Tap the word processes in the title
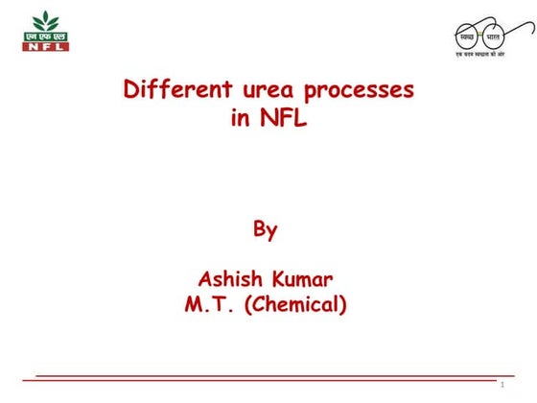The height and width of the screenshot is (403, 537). click(360, 92)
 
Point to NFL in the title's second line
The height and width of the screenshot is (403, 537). click(283, 121)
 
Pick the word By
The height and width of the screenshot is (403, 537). click(266, 229)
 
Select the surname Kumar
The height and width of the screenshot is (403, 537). click(304, 279)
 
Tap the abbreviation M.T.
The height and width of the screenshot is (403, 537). click(210, 305)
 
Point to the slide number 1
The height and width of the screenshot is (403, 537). click(502, 385)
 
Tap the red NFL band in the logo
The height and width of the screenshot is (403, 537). click(45, 45)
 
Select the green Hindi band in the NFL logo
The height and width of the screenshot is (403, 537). click(45, 36)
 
